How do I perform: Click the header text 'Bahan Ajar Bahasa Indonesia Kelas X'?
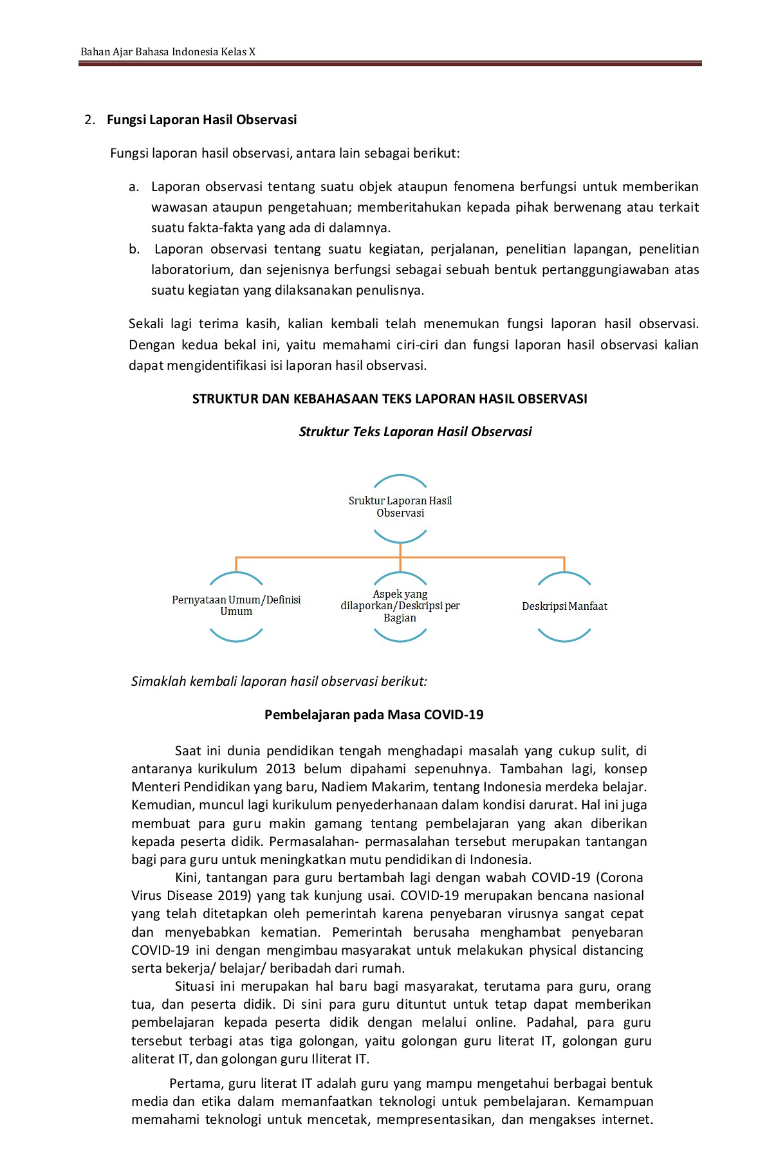click(x=168, y=51)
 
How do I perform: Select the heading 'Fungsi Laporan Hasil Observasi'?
click(x=201, y=120)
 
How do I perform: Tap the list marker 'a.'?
click(x=134, y=187)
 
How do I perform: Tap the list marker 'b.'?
click(x=134, y=249)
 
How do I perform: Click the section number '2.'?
click(x=90, y=120)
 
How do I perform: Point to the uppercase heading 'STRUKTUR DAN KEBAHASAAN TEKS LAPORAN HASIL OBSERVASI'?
click(x=389, y=399)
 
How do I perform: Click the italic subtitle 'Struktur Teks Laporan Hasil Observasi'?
click(x=415, y=432)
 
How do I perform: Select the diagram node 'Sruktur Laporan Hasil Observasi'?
click(x=400, y=507)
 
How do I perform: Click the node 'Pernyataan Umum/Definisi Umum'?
click(x=236, y=605)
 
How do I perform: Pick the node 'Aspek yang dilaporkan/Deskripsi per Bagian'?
click(x=400, y=606)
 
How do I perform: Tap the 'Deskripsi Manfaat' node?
click(x=564, y=606)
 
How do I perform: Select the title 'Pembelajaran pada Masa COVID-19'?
click(x=374, y=715)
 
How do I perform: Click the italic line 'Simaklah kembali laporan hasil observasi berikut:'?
click(x=279, y=681)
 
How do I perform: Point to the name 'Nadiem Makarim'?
click(x=373, y=787)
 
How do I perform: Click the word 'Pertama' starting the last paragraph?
click(x=192, y=1083)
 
